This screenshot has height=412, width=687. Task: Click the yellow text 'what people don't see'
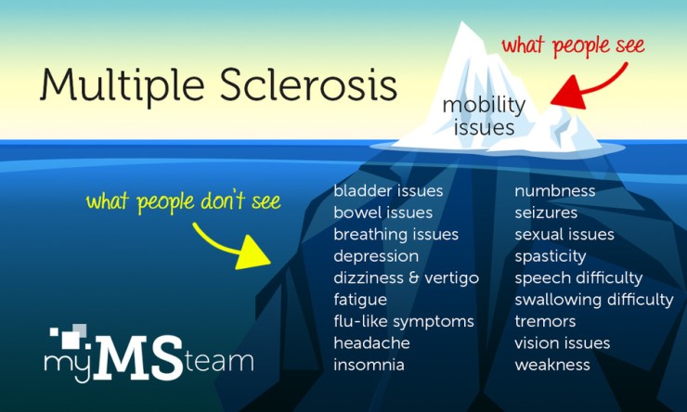point(183,200)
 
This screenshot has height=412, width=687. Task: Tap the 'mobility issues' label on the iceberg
point(483,115)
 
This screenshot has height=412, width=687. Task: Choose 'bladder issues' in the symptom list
point(388,191)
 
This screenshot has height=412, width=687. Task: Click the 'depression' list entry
point(376,256)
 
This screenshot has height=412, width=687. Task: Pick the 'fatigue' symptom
point(360,300)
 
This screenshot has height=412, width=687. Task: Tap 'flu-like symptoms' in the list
point(404,321)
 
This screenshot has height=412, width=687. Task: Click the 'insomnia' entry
point(369,365)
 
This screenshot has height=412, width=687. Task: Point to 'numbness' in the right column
point(555,191)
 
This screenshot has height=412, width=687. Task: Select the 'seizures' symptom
point(546,212)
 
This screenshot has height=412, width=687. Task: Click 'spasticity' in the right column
point(551,256)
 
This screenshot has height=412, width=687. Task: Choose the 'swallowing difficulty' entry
point(594,300)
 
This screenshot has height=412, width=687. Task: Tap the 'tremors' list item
point(545,321)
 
